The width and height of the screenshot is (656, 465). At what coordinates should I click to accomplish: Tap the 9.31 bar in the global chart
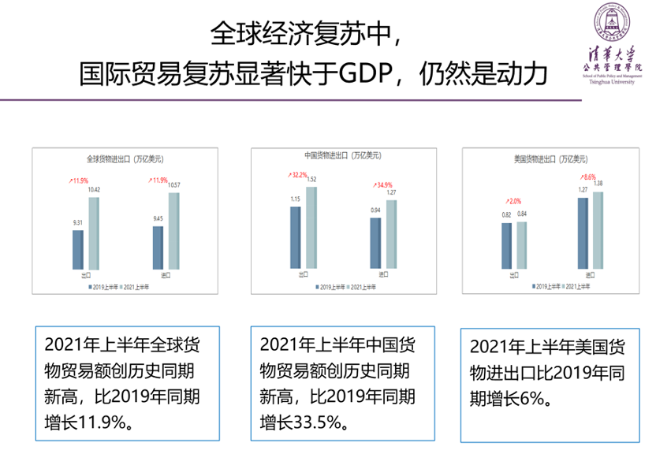coord(78,249)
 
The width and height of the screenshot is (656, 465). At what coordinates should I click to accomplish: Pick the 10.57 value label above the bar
coord(173,185)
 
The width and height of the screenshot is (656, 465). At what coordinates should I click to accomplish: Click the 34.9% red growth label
coord(382,185)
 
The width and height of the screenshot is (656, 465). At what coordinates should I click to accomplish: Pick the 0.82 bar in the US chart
coord(506,245)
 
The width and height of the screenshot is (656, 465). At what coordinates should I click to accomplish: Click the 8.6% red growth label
coord(589,177)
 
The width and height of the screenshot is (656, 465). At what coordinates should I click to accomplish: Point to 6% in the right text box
coord(532,400)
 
